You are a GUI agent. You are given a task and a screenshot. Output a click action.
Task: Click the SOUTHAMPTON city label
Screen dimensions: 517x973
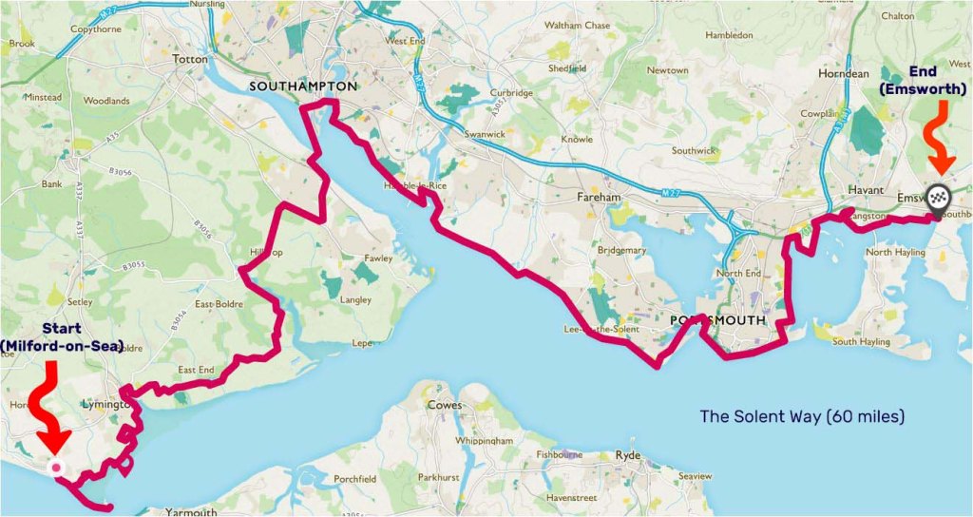tap(302, 86)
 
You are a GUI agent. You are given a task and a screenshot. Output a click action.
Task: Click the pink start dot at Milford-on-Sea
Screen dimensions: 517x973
tap(56, 468)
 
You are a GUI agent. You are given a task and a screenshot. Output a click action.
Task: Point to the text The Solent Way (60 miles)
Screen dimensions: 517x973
tap(802, 416)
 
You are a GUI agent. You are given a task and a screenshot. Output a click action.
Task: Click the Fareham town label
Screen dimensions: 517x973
tap(599, 198)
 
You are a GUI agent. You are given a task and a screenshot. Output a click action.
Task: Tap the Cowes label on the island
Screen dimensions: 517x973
tap(445, 405)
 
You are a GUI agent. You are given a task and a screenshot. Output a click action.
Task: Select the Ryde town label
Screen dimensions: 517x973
tap(629, 455)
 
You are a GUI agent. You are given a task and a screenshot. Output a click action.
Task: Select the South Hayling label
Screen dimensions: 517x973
tap(860, 341)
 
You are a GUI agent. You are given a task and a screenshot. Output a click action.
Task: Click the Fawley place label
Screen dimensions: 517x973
tap(378, 258)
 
